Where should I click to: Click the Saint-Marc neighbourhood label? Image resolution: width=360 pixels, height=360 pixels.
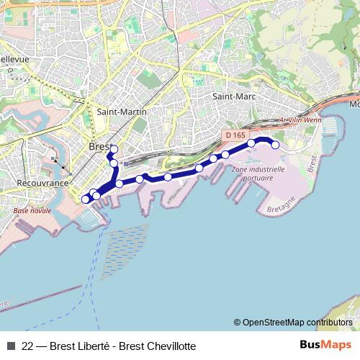[x=232, y=96]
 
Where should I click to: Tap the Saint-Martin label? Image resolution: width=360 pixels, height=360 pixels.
[x=122, y=112]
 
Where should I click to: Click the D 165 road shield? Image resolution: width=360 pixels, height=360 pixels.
[x=235, y=135]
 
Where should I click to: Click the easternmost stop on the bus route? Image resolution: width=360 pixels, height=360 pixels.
[x=274, y=145]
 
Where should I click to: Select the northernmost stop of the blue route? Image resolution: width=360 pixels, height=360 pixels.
[x=113, y=150]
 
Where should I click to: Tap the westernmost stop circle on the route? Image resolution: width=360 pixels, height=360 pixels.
[x=85, y=198]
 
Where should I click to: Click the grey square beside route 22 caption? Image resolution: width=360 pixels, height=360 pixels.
[x=11, y=346]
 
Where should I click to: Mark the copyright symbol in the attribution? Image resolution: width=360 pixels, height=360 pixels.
[x=237, y=323]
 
